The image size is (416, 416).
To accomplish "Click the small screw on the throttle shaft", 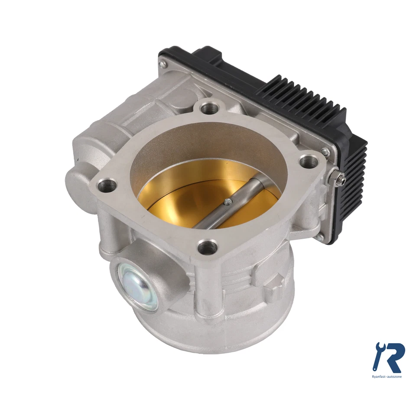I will tap(227, 201).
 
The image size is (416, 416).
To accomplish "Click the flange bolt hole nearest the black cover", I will tap(309, 162).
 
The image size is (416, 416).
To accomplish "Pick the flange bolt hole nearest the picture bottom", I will tap(208, 248).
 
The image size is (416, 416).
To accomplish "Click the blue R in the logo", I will tap(393, 358).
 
